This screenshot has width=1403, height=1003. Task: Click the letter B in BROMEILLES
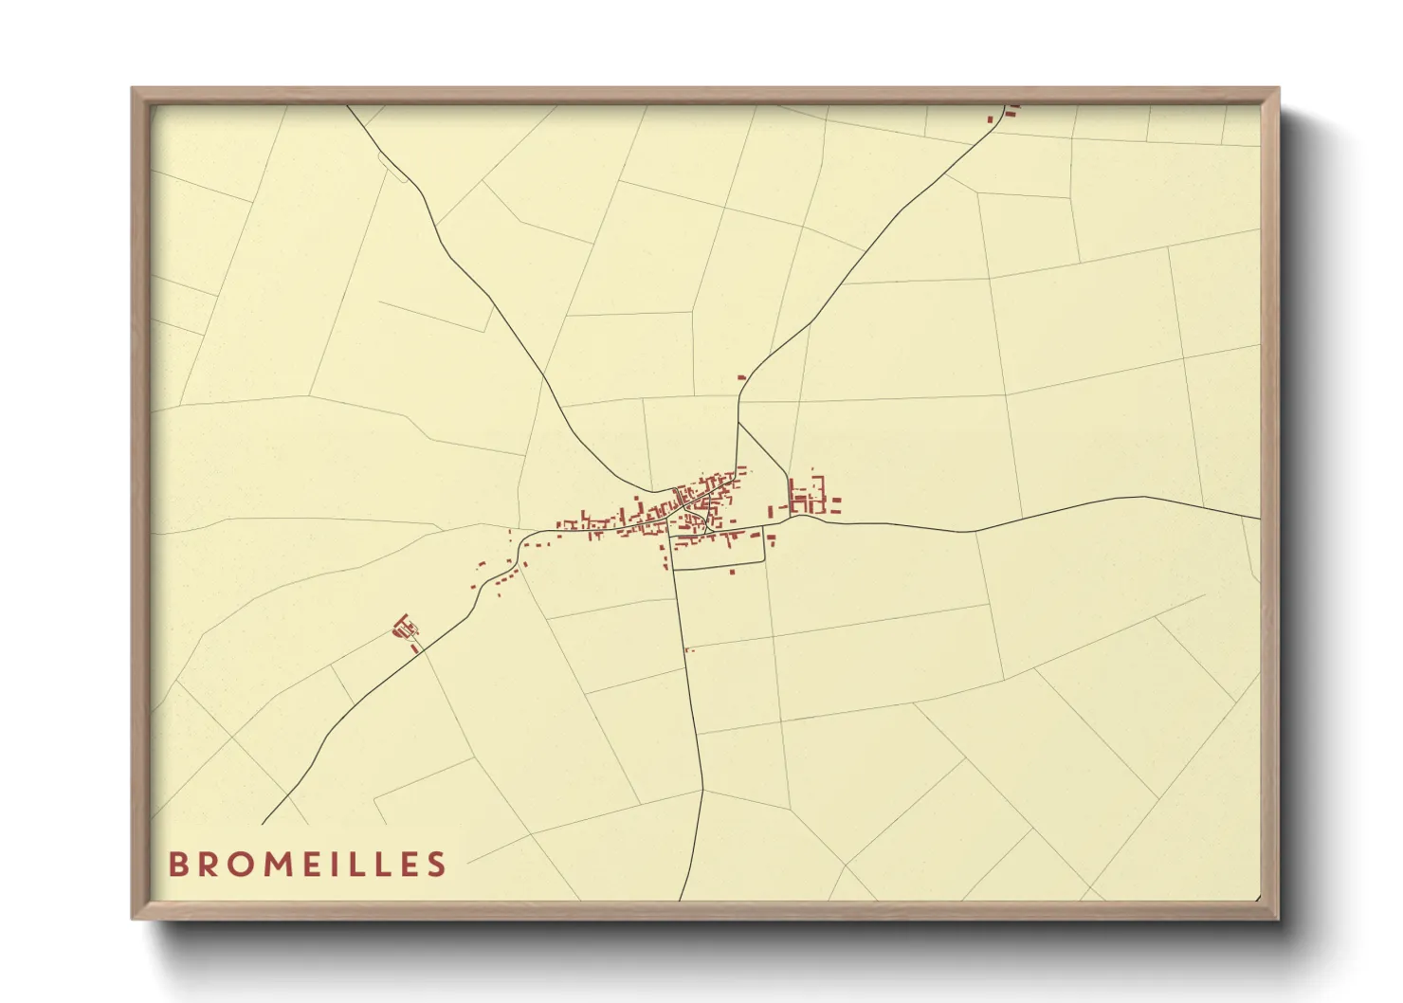[x=177, y=865]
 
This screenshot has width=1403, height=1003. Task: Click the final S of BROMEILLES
[x=436, y=865]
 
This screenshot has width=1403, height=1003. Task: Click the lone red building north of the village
[x=741, y=377]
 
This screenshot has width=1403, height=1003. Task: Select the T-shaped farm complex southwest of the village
[x=405, y=626]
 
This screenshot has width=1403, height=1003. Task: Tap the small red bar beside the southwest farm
[x=414, y=648]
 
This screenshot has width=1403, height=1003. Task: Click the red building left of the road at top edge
[x=993, y=119]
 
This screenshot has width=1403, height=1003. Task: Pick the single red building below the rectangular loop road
[x=732, y=571]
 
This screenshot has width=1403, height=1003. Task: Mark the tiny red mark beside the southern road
[x=689, y=649]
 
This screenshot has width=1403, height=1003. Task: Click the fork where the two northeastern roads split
[x=738, y=422]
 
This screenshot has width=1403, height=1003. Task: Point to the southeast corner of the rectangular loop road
[x=763, y=561]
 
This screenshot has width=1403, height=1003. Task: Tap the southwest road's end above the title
[x=263, y=823]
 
